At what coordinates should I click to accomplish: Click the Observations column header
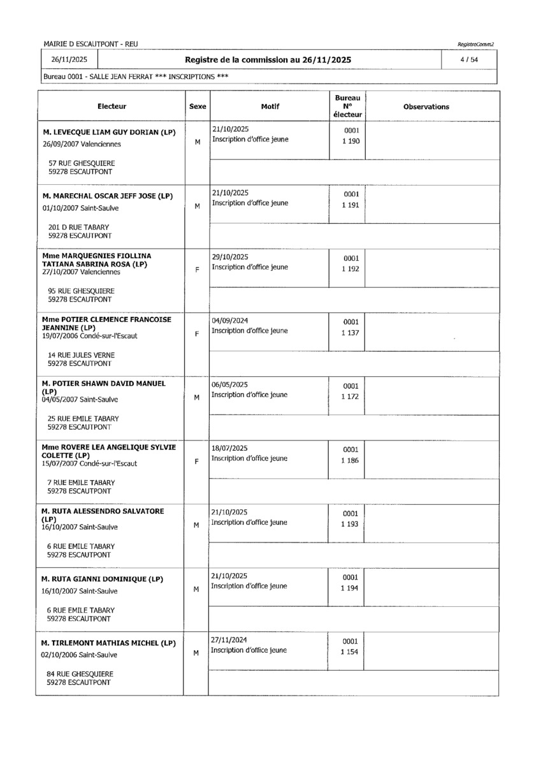pyautogui.click(x=426, y=107)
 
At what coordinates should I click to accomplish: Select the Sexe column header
pyautogui.click(x=198, y=107)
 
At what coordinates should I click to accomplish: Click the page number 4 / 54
pyautogui.click(x=472, y=60)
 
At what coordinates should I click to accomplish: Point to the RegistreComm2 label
pyautogui.click(x=475, y=44)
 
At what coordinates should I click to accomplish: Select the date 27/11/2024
pyautogui.click(x=229, y=639)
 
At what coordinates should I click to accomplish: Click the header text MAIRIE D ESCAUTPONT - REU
pyautogui.click(x=90, y=44)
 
